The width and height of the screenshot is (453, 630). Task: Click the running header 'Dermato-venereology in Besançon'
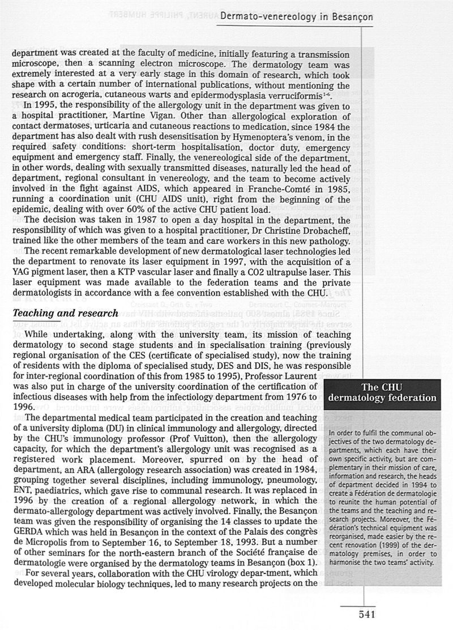pyautogui.click(x=296, y=17)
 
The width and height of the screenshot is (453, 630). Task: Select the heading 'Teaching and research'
pyautogui.click(x=65, y=313)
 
